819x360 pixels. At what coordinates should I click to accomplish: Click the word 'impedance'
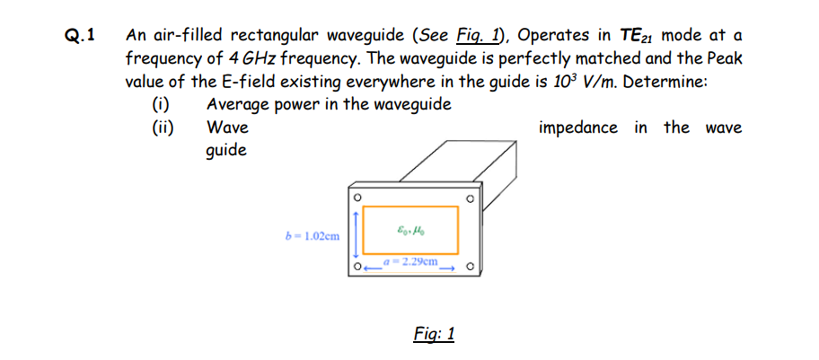[x=578, y=127]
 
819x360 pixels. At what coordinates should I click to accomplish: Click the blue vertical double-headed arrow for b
[x=357, y=232]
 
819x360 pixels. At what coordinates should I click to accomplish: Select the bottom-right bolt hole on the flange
[x=470, y=266]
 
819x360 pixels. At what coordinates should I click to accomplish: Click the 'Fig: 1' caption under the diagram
[x=434, y=334]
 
